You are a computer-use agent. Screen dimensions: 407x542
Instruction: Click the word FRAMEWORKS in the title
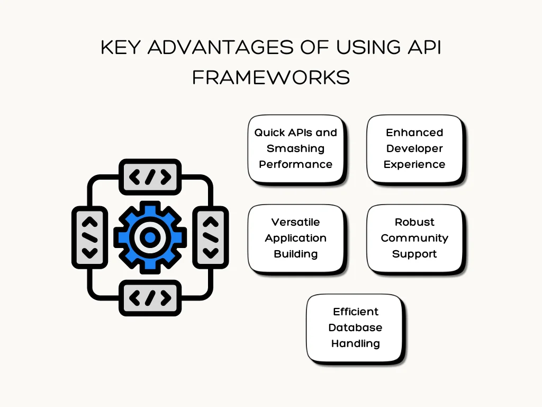[x=270, y=77]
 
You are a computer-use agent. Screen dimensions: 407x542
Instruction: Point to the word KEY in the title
[x=121, y=47]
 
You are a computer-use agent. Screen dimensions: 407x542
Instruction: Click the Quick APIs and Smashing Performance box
[x=296, y=149]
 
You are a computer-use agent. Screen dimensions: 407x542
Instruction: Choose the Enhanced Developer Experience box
[x=414, y=149]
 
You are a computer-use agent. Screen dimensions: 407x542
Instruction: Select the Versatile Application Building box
[x=296, y=238]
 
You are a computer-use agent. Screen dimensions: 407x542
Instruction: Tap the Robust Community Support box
[x=414, y=238]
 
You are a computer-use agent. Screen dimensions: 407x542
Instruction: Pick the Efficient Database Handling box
[x=355, y=328]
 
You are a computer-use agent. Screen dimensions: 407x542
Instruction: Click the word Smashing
[x=295, y=148]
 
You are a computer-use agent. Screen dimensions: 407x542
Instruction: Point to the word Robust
[x=414, y=222]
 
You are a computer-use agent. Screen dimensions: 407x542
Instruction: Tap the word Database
[x=355, y=328]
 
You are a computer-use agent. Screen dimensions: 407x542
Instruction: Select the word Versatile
[x=295, y=222]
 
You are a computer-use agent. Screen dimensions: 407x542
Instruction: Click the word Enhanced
[x=414, y=132]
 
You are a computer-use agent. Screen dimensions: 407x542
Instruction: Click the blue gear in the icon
[x=150, y=237]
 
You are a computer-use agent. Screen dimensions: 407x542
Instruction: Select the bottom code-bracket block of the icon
[x=150, y=298]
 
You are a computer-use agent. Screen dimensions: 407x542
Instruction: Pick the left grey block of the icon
[x=90, y=237]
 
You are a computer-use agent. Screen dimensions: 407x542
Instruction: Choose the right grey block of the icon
[x=211, y=237]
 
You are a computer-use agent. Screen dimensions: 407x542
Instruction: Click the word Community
[x=414, y=238]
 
